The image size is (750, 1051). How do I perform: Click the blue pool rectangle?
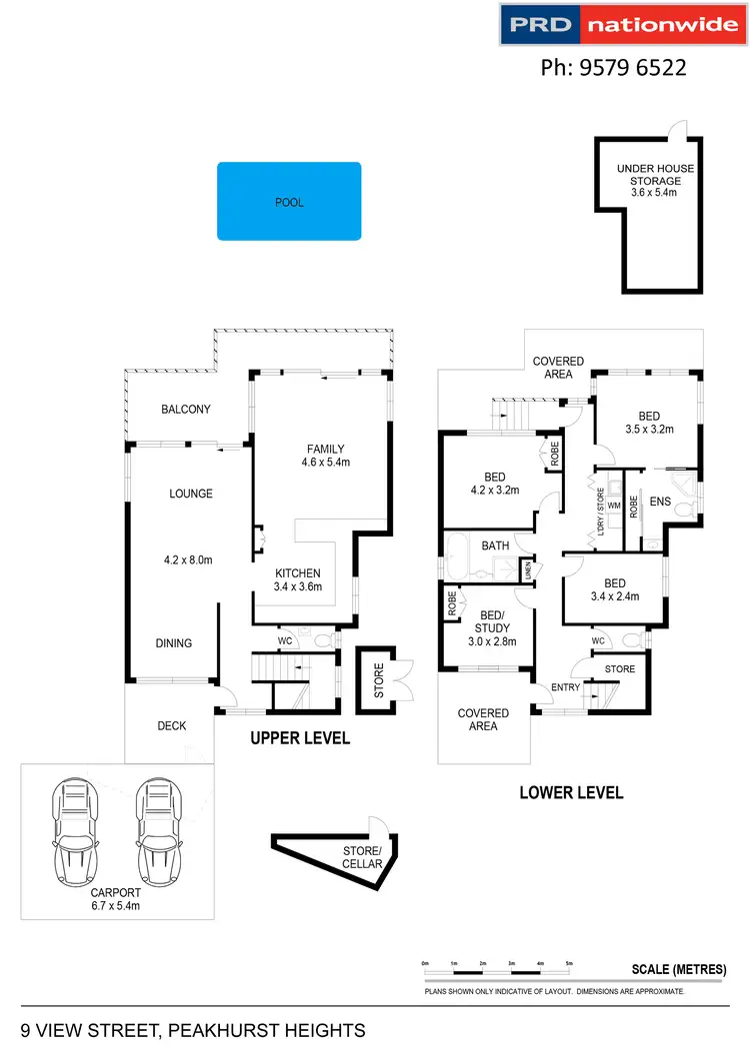tap(289, 202)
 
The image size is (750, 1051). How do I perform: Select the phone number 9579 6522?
tap(613, 68)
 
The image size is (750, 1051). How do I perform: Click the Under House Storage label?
tap(655, 181)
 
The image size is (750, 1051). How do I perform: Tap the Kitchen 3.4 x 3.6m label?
tap(299, 579)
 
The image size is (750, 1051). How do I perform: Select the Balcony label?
tap(186, 409)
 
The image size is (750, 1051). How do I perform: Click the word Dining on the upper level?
tap(173, 643)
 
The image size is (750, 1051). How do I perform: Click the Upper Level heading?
tap(300, 739)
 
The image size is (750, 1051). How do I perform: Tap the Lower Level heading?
tap(571, 793)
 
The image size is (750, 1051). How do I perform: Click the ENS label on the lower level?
tap(660, 501)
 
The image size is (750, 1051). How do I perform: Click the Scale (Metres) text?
tap(678, 970)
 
